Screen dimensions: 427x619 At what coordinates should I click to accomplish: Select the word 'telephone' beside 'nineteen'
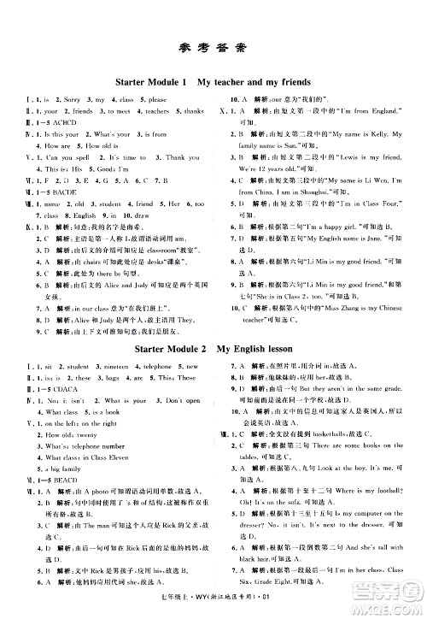pos(159,365)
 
